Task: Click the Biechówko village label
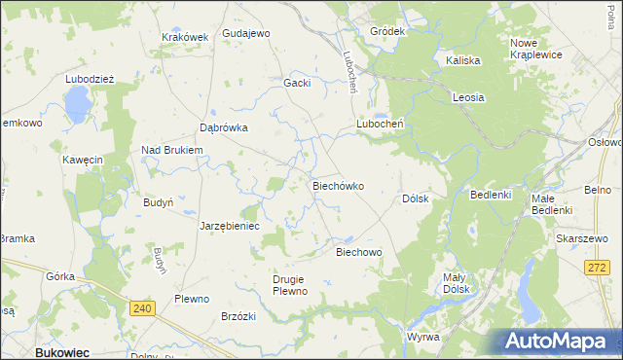pos(337,185)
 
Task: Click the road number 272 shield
pos(598,267)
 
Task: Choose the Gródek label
pos(386,31)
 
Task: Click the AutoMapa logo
pos(558,341)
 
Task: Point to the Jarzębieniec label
pos(229,225)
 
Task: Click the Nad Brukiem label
pos(171,150)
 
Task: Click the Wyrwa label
pos(423,337)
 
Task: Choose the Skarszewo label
pos(588,237)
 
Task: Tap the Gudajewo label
pos(245,33)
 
